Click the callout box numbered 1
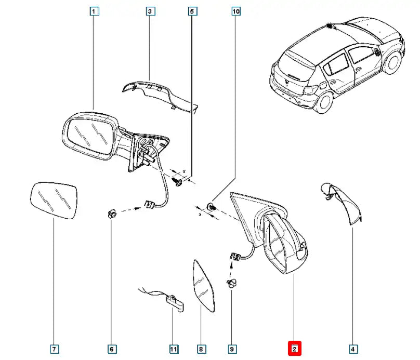(94, 11)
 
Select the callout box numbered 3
(149, 11)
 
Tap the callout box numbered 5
(191, 11)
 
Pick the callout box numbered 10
(236, 11)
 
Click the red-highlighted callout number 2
(294, 349)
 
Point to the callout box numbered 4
(352, 349)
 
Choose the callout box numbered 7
(54, 349)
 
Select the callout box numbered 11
(173, 349)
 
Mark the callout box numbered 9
(232, 349)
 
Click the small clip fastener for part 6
(111, 214)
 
